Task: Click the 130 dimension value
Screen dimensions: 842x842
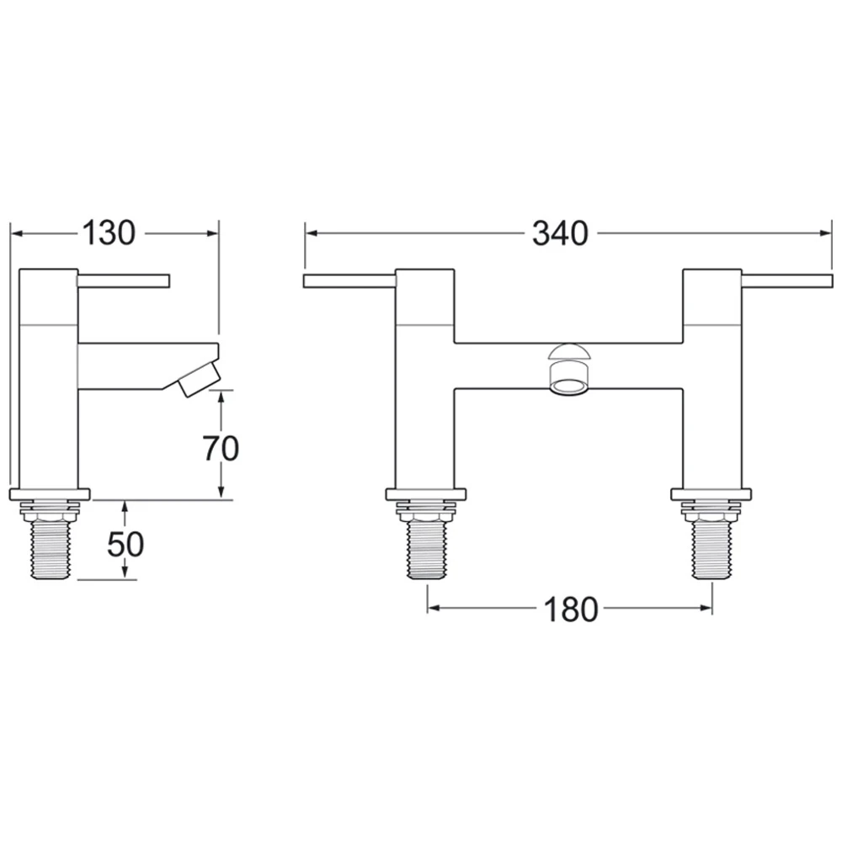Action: (109, 233)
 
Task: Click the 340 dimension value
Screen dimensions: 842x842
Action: (559, 233)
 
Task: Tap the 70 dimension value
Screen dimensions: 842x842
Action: (221, 448)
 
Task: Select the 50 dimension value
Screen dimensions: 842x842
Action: (125, 545)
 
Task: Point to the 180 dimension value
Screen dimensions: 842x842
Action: (569, 609)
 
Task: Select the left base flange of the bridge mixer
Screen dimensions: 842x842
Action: (426, 494)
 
